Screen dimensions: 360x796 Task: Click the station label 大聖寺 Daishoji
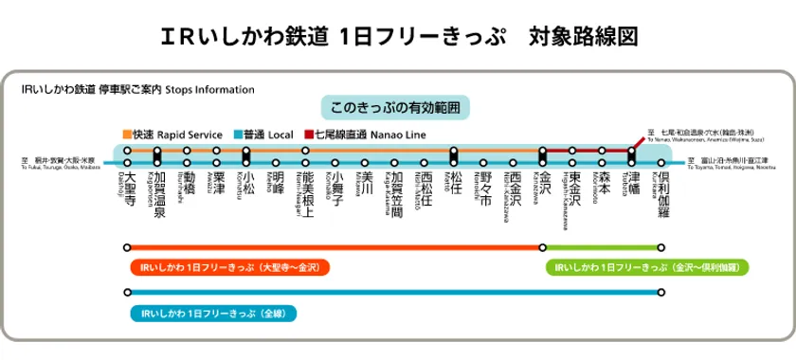129,189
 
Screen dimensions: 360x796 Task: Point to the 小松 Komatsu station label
247,183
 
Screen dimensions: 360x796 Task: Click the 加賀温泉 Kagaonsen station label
158,194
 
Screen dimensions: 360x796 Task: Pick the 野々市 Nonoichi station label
484,189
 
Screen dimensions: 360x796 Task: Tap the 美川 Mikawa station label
366,183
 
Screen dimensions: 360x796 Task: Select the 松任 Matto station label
456,183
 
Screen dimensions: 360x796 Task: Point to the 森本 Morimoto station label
603,183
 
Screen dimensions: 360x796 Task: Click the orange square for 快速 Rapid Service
127,135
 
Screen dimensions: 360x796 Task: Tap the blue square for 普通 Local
236,135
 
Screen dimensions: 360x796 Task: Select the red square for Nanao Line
308,135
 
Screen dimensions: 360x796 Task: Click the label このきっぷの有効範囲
397,106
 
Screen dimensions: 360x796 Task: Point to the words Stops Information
209,90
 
